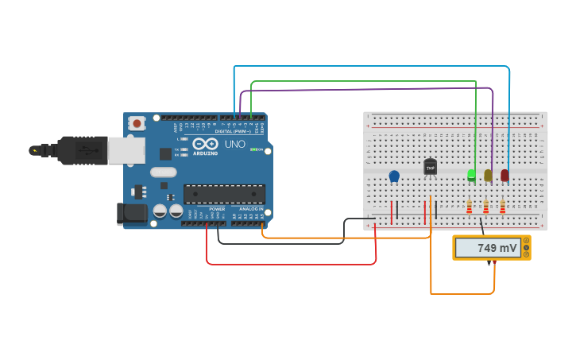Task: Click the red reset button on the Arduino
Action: [137, 123]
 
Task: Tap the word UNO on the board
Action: [235, 144]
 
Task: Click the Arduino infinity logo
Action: [206, 144]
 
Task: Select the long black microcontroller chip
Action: [224, 194]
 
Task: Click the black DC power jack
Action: [131, 212]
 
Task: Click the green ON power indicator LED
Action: [253, 149]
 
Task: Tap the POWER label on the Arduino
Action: [217, 209]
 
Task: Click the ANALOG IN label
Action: [251, 209]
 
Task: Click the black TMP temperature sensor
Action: [431, 167]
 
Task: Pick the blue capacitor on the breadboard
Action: [394, 176]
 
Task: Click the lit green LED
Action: [471, 174]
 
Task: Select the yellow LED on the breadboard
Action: [488, 175]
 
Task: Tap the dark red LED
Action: [504, 175]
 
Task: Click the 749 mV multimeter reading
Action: [497, 248]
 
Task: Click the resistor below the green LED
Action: [469, 207]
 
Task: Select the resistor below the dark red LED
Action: [502, 207]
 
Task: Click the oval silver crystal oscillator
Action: [163, 172]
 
